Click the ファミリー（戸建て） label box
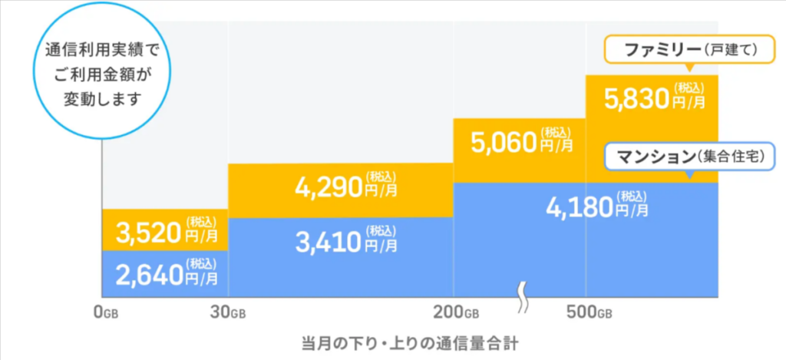[679, 50]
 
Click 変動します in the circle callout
[102, 100]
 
